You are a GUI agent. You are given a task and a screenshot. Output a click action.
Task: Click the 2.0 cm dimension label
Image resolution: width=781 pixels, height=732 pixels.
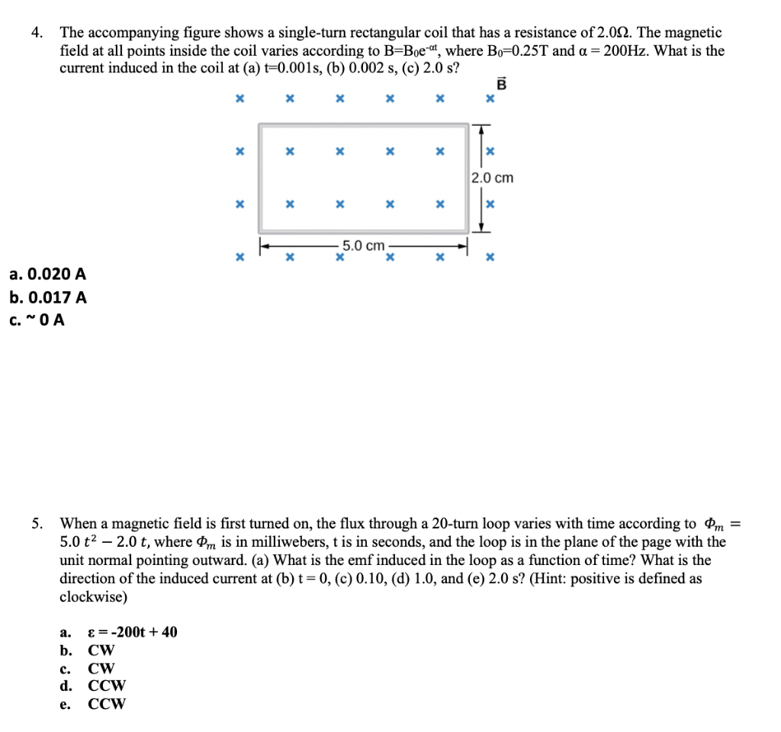coord(492,178)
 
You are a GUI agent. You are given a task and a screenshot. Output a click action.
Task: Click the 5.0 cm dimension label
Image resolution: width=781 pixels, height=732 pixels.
coord(363,246)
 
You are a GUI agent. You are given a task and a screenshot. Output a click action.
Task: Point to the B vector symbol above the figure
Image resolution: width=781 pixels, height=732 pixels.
coord(501,85)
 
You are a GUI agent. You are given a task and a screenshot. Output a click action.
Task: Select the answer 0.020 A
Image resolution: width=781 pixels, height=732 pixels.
coord(47,274)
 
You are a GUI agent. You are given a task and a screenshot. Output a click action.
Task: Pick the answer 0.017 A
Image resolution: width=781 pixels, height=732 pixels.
coord(47,297)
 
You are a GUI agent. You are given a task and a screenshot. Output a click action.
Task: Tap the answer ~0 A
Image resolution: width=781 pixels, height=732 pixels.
coord(37,320)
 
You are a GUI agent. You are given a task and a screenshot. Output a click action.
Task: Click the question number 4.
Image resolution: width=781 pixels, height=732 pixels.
coord(36,33)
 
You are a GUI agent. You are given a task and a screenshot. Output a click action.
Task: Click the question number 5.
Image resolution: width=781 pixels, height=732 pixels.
coord(36,524)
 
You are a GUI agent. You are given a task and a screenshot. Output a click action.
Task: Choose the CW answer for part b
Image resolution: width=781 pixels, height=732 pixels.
coord(101,650)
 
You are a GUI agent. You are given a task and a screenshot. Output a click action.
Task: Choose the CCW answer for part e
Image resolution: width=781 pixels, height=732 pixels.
coord(107,704)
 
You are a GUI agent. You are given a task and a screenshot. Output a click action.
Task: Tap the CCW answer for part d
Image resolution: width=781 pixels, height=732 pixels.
coord(107,685)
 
